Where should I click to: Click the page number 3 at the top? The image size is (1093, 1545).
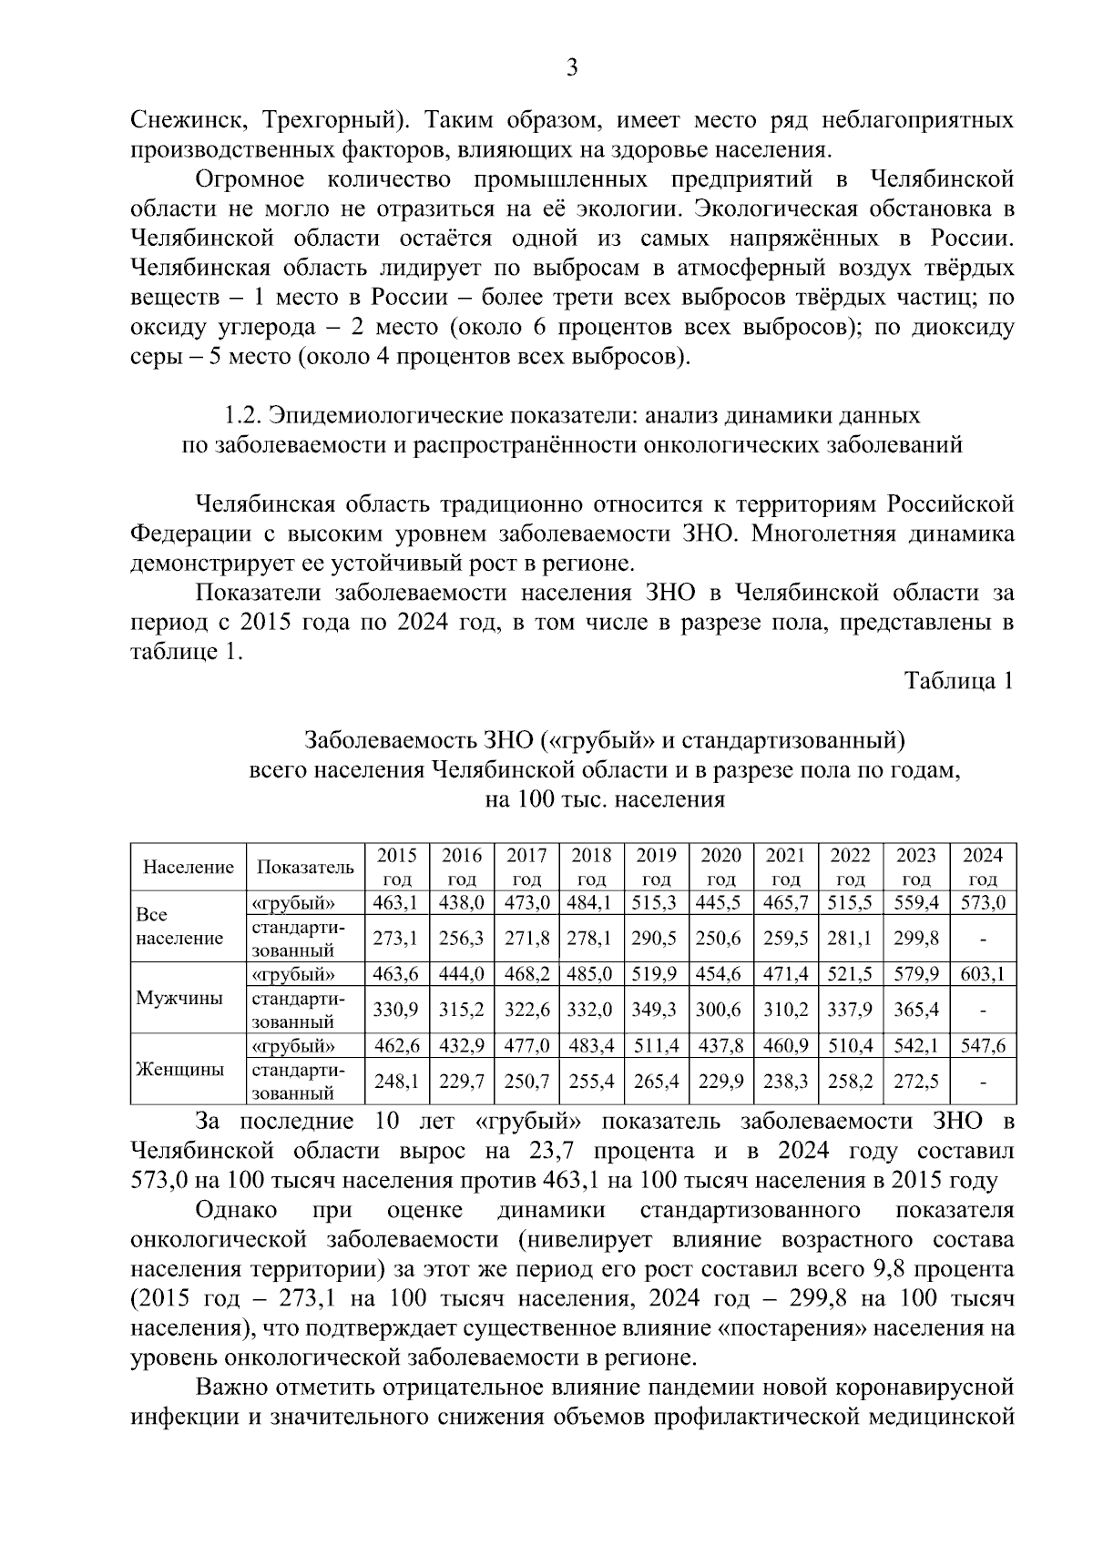[571, 68]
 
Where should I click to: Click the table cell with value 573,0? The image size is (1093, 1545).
[983, 903]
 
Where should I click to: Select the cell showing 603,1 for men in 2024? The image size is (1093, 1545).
[983, 974]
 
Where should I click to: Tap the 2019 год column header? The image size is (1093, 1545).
[656, 867]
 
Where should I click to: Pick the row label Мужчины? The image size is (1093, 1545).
[179, 997]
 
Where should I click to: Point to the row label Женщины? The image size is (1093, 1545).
[179, 1069]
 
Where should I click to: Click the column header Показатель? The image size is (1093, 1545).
[305, 868]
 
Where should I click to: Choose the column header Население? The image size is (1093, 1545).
[189, 868]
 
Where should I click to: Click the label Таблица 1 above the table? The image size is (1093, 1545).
[958, 681]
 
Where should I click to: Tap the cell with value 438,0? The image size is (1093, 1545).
[462, 903]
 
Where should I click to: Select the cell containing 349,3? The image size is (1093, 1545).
[656, 1010]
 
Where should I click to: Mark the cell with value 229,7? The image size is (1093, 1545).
[462, 1081]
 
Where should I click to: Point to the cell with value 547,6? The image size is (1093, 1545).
[983, 1045]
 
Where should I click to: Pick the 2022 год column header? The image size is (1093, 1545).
[851, 867]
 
